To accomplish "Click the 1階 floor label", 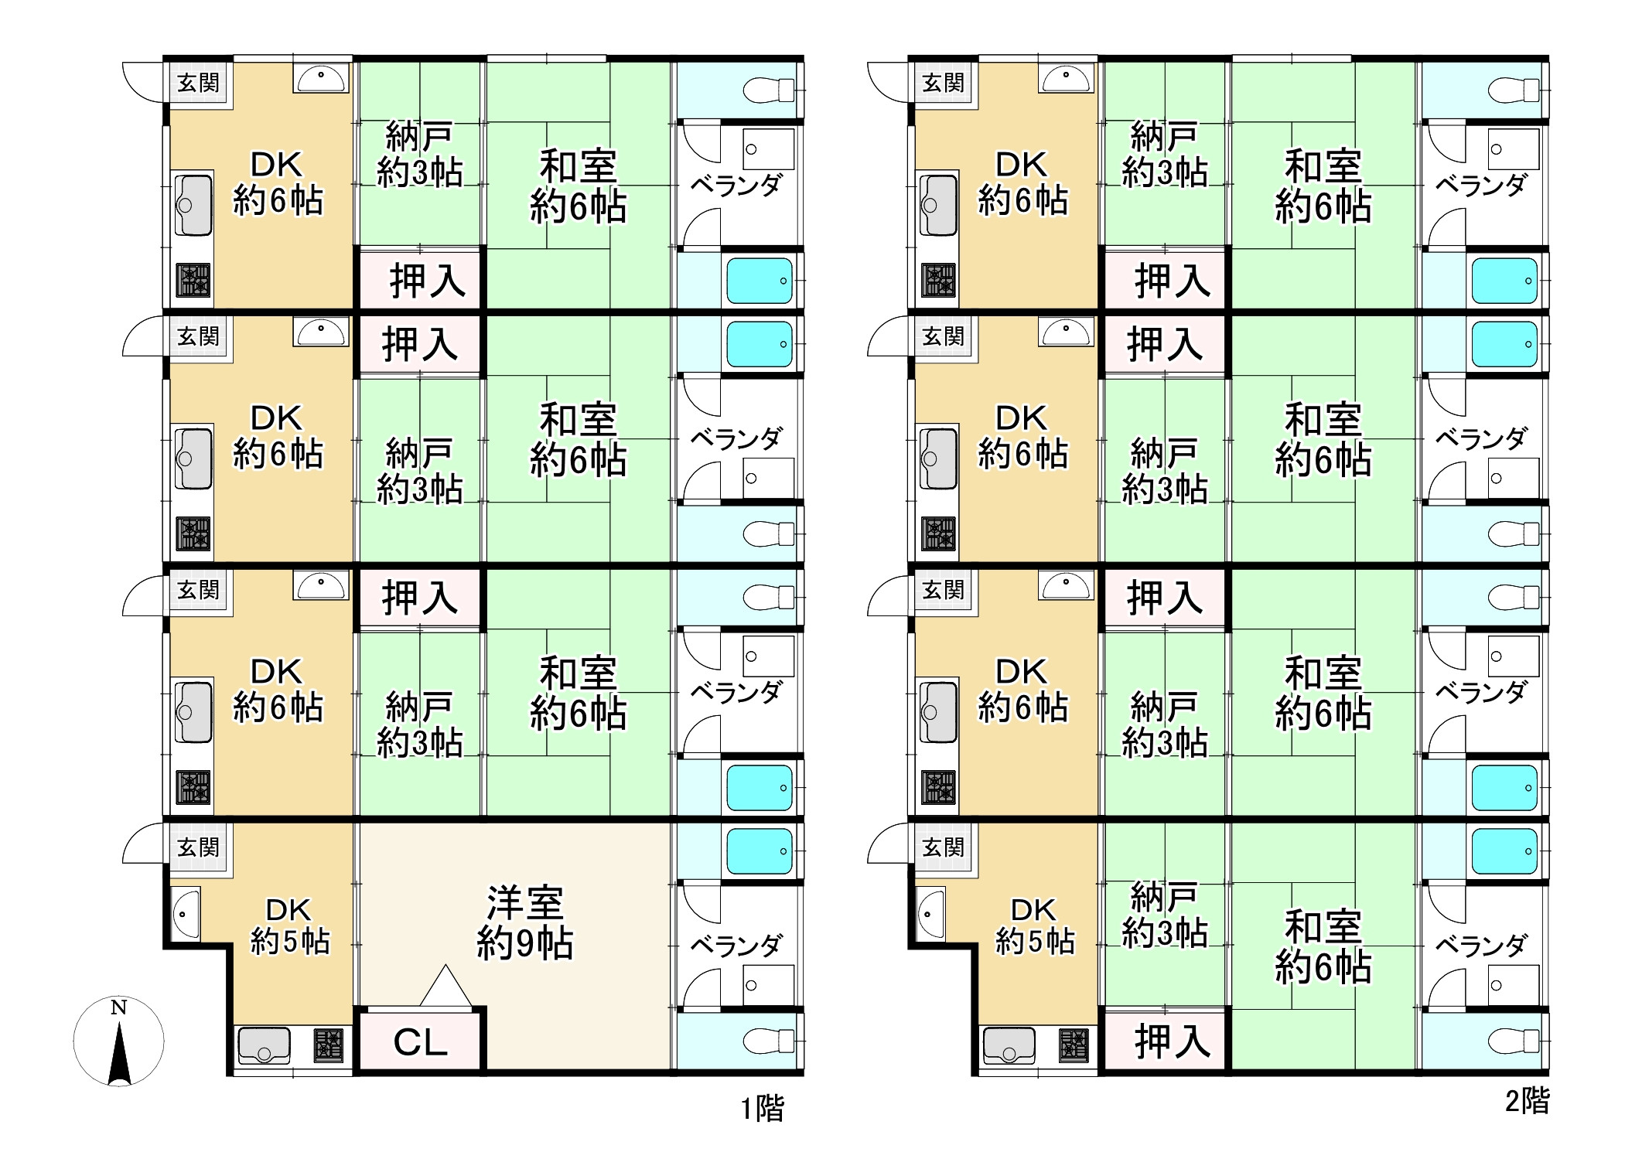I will tap(762, 1109).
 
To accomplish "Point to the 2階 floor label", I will tap(1527, 1101).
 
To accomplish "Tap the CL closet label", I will tap(420, 1042).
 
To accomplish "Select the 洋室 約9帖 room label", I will tap(524, 922).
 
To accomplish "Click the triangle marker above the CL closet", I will tap(446, 987).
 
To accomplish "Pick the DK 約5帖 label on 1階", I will tap(289, 925).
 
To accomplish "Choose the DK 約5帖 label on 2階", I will tap(1034, 925).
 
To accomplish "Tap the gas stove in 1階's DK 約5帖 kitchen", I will tap(328, 1045).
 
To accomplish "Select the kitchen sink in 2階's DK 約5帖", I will tap(1009, 1045).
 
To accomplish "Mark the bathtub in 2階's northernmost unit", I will tap(1504, 280).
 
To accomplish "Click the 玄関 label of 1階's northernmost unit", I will tap(199, 83).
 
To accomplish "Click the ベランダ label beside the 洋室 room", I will tap(736, 945).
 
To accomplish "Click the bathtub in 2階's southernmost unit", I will tap(1504, 851).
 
